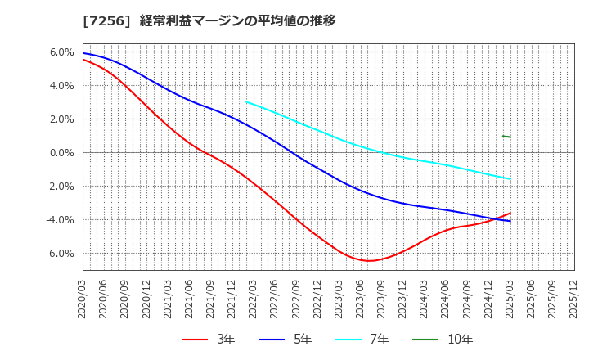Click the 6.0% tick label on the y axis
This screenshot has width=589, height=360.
pos(62,52)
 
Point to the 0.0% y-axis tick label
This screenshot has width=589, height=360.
pos(62,152)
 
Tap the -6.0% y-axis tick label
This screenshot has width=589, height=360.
pos(61,253)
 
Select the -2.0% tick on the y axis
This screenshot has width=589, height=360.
pos(61,186)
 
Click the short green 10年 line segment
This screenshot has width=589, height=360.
pos(506,136)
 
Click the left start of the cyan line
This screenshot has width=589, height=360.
pos(246,102)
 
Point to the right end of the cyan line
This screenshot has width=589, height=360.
pos(510,179)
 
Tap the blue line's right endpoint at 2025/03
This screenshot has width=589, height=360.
pos(510,221)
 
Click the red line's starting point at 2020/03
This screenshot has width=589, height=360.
pos(83,60)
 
